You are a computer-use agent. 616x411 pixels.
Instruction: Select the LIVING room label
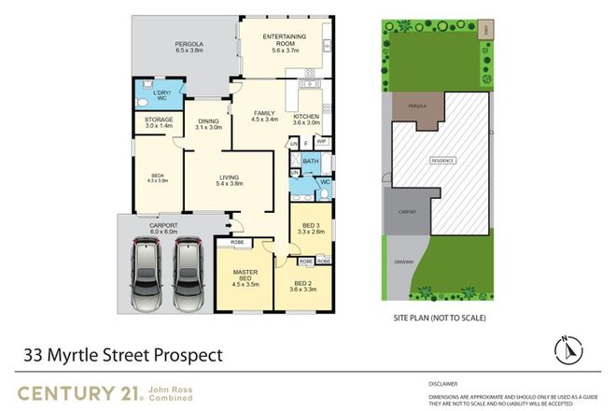click(230, 179)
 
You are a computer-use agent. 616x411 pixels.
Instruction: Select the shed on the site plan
click(485, 32)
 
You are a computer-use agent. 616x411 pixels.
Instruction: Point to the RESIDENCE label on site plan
click(442, 161)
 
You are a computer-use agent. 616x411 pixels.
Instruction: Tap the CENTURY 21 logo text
click(75, 390)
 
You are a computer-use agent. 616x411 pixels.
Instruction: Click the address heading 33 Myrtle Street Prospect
click(123, 355)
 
